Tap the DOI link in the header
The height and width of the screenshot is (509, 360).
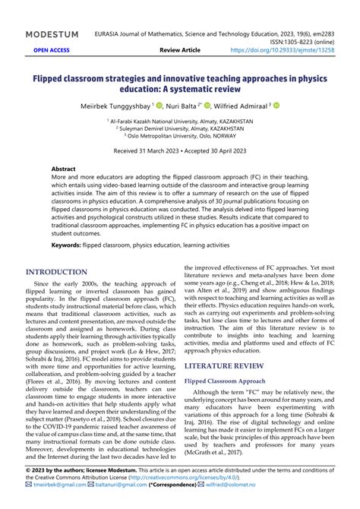[x=293, y=50]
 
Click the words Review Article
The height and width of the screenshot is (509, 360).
[x=180, y=50]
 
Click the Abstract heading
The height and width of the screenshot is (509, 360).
[x=63, y=169]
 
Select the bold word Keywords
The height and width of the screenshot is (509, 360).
[x=71, y=245]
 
